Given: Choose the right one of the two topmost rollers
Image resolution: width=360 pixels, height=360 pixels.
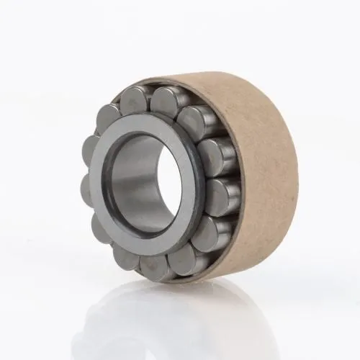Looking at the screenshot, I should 167,99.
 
